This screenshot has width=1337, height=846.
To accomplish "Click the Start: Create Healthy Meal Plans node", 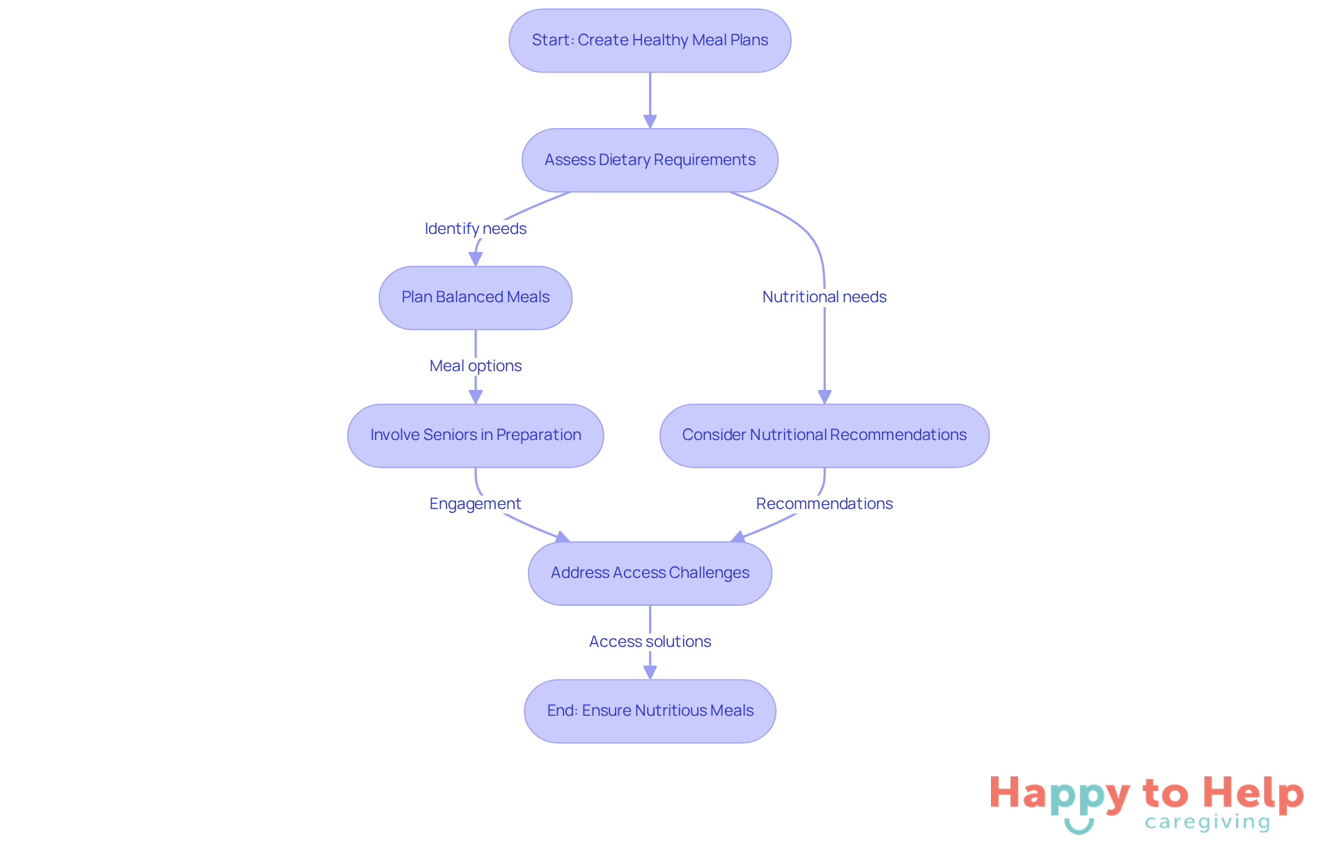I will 650,40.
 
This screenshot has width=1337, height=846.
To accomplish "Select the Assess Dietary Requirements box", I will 650,160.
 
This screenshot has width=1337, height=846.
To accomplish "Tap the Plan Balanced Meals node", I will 476,297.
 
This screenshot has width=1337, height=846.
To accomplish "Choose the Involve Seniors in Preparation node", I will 476,435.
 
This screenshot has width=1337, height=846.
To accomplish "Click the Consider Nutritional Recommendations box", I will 824,435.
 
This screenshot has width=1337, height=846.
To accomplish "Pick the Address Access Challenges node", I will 650,573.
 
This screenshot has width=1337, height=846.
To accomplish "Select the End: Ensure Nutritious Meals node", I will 650,711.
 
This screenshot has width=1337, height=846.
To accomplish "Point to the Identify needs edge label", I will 476,228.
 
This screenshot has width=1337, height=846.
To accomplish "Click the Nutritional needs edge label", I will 824,297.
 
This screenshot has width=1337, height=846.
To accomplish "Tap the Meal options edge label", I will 476,366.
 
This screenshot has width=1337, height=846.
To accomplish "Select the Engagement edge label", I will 476,503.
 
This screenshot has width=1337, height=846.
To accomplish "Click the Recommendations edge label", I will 824,503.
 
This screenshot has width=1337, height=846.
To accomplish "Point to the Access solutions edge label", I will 650,641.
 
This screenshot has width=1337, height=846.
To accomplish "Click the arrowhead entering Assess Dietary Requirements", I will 650,122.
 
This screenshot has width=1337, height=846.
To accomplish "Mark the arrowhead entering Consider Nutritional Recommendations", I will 824,397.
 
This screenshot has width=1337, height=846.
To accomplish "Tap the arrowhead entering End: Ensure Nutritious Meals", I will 650,673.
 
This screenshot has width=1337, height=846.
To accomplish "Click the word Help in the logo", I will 1253,794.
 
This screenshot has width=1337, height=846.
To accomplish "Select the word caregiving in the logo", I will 1207,822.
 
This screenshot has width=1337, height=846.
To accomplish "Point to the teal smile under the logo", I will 1079,827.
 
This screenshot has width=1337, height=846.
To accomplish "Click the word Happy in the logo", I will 1059,794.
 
